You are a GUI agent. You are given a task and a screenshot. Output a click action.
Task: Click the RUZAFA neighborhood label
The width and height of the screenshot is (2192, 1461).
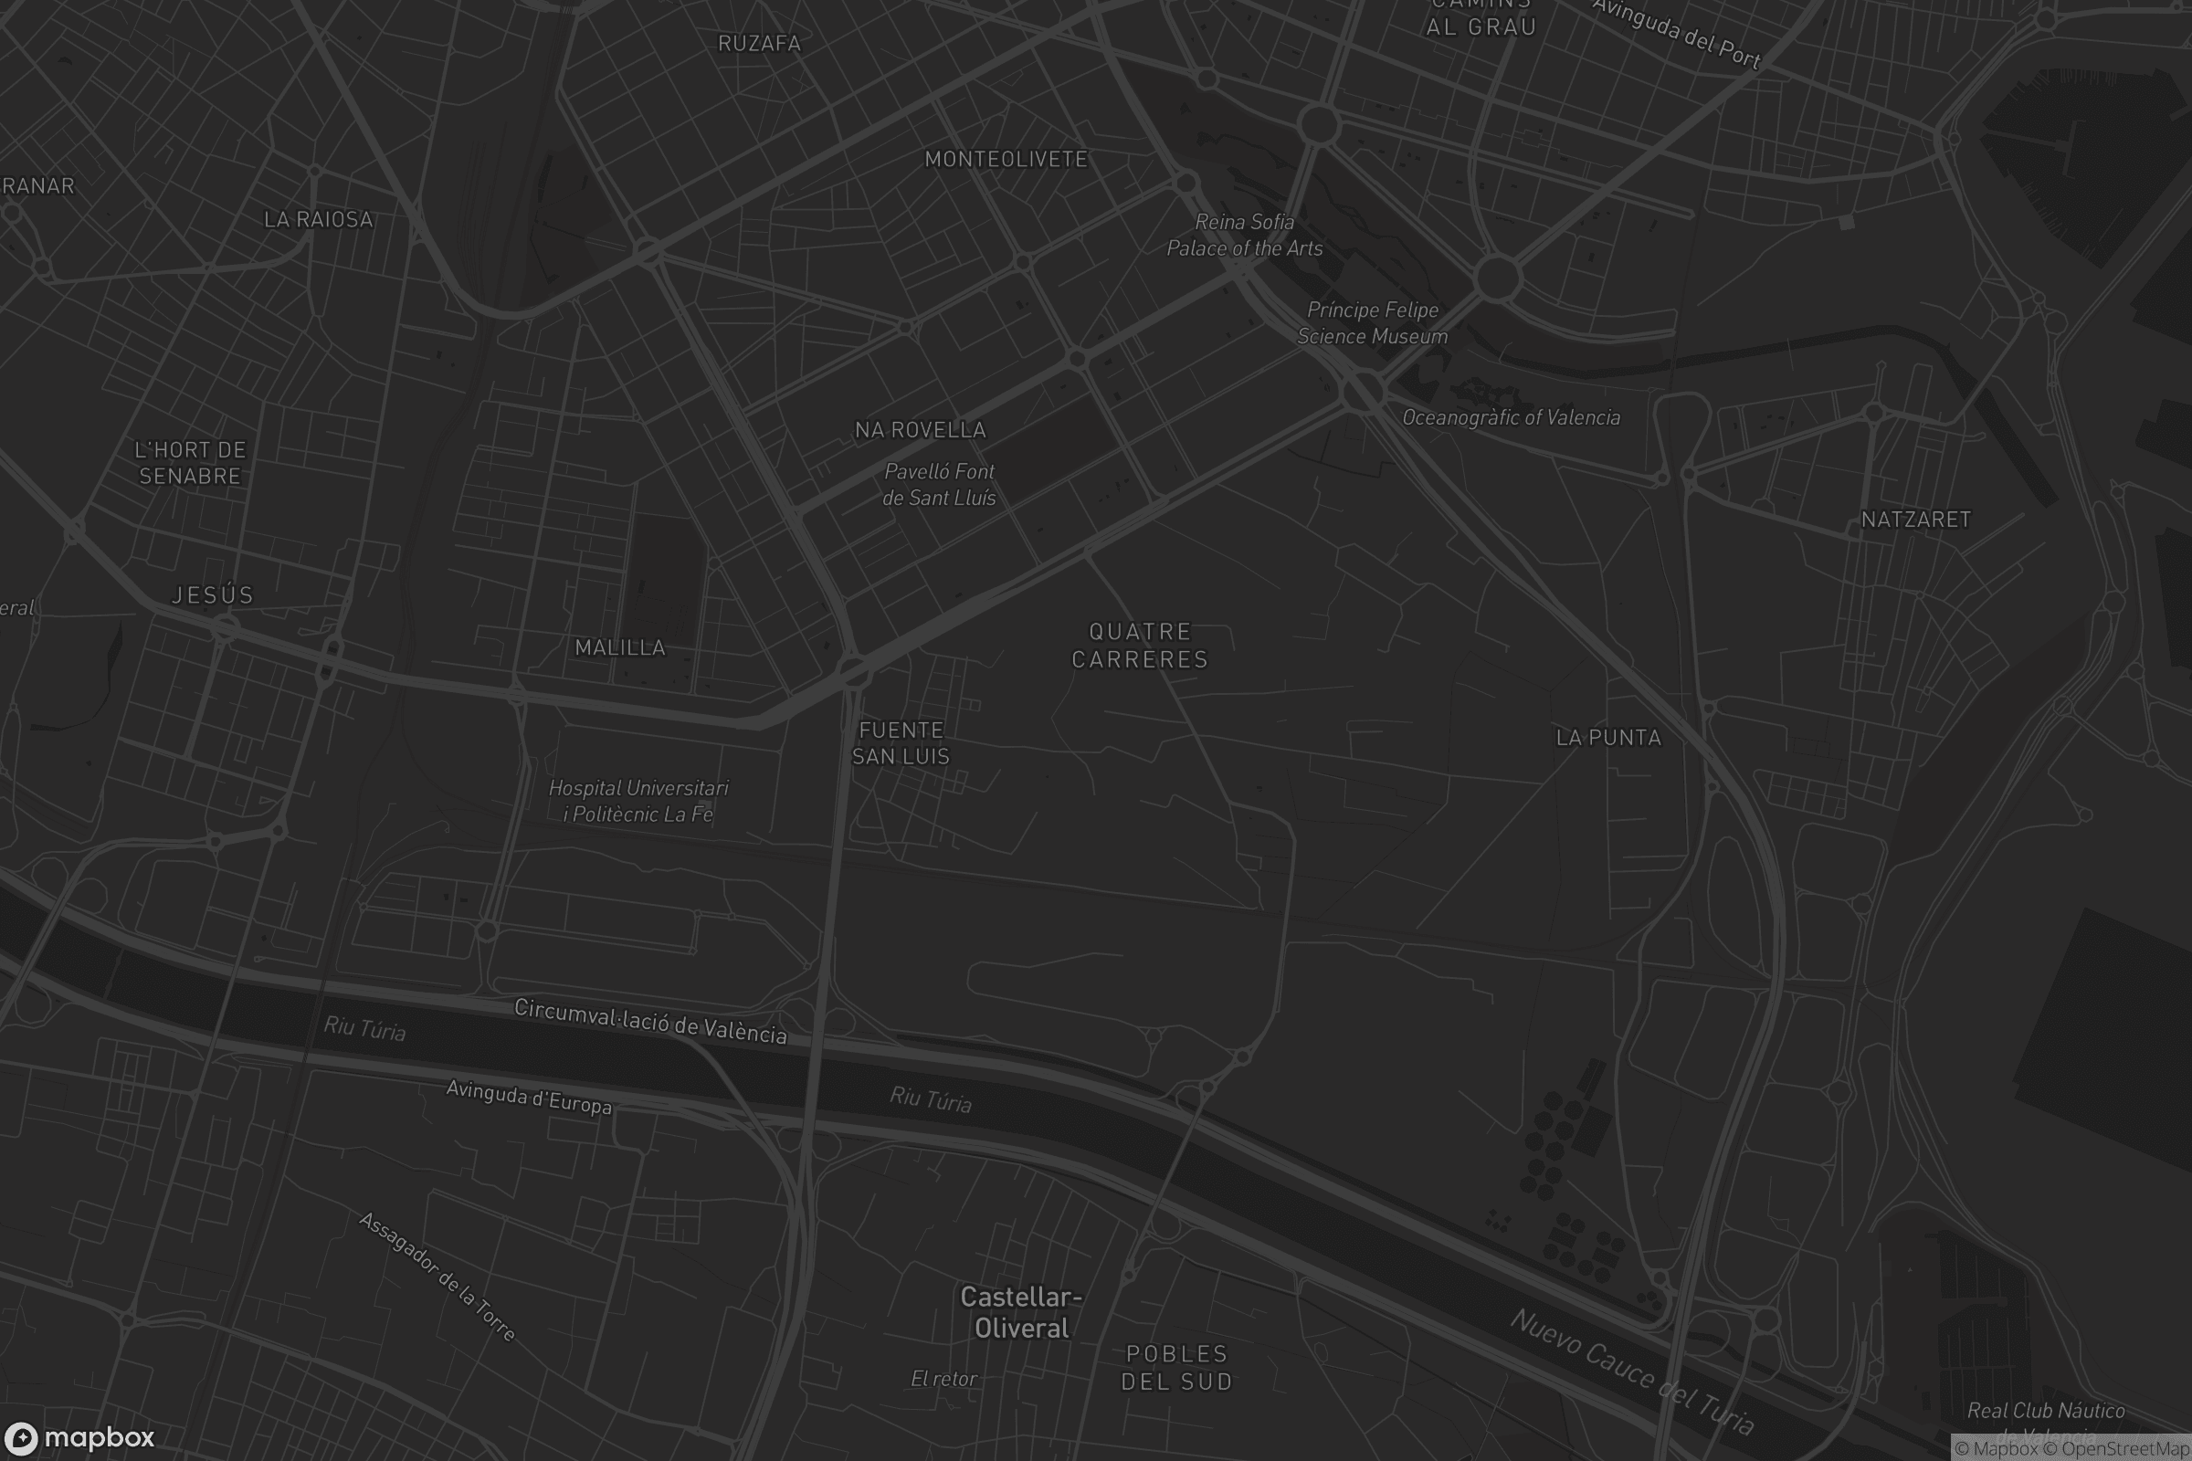tap(759, 43)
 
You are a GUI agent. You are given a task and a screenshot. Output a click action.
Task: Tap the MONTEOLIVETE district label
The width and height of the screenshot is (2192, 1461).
tap(1006, 159)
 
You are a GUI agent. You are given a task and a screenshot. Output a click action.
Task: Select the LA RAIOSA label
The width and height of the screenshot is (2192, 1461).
tap(318, 220)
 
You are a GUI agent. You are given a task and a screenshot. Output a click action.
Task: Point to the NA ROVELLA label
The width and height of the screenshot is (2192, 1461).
tap(920, 429)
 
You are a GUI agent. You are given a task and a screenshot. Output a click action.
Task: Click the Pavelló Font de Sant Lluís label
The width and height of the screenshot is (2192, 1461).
tap(939, 485)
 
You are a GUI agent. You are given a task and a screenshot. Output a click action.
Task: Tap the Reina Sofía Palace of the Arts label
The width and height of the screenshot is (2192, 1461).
tap(1244, 235)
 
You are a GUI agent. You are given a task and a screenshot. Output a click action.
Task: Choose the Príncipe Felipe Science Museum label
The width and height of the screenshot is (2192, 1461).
tap(1372, 323)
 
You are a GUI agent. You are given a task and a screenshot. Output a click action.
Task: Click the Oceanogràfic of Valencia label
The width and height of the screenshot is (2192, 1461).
tap(1511, 417)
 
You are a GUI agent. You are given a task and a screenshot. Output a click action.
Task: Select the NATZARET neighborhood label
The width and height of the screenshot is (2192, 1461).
tap(1915, 520)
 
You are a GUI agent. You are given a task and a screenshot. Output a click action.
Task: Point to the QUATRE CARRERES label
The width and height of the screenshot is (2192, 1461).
tap(1139, 646)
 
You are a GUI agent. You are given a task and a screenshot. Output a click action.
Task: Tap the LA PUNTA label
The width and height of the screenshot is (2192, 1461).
tap(1608, 738)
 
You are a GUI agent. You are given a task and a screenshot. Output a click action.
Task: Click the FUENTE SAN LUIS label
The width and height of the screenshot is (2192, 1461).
tap(901, 742)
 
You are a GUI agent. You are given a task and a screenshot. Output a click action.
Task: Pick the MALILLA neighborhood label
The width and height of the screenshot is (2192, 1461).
tap(620, 647)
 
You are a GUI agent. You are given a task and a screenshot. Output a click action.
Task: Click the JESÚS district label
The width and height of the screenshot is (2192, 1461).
tap(213, 595)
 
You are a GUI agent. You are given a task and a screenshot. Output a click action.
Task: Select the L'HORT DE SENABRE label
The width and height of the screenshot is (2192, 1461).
tap(190, 463)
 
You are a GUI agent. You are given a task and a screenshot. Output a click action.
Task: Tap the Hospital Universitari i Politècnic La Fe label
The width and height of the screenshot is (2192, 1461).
tap(638, 802)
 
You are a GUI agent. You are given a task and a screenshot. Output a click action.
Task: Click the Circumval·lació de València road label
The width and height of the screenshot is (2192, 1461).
tap(649, 1021)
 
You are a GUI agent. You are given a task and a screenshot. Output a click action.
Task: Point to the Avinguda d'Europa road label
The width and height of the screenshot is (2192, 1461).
tap(529, 1098)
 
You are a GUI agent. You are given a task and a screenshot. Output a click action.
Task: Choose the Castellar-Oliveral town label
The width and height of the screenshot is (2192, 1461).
tap(1021, 1312)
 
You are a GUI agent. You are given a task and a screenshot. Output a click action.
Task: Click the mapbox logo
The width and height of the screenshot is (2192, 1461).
tap(79, 1437)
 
